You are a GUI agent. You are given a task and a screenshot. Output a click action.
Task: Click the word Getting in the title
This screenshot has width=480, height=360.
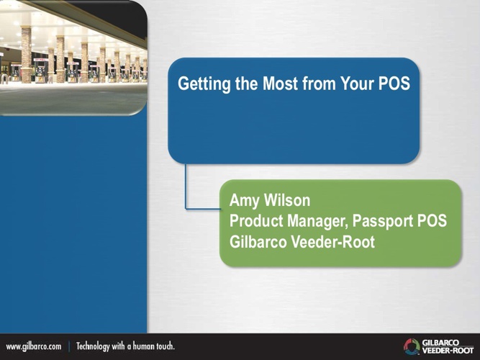204,84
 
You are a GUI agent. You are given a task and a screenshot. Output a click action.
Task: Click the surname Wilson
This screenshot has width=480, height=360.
287,200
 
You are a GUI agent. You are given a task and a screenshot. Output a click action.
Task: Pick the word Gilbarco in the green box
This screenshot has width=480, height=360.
258,242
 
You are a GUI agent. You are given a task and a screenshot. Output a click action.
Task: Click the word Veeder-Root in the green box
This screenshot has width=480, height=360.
332,242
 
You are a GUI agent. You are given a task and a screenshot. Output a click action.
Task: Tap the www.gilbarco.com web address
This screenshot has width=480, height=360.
34,346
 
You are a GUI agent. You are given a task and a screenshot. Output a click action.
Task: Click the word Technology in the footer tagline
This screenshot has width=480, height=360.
93,346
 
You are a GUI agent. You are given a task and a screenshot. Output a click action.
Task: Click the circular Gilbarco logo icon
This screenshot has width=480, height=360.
412,346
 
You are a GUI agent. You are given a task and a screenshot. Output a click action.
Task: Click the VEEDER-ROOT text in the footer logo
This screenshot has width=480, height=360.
448,350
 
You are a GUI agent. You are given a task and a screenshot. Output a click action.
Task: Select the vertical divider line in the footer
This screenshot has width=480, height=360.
69,346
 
